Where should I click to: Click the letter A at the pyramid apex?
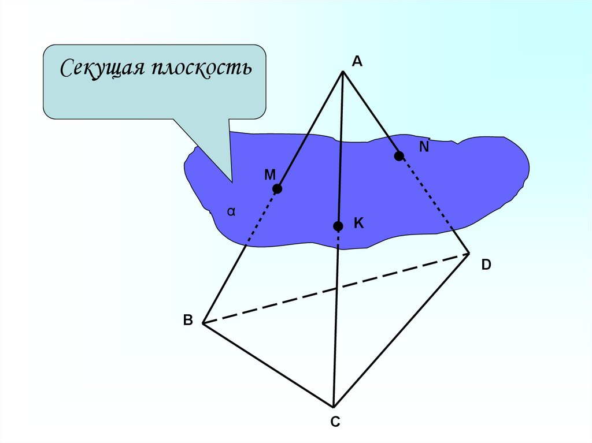pos(357,62)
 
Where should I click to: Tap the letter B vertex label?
pos(188,322)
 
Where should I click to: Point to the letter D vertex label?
pos(486,265)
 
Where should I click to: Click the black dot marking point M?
pos(277,189)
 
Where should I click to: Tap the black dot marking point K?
pos(338,226)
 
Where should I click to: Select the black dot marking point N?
pos(399,156)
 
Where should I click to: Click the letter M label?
pos(270,174)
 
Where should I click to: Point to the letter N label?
pos(424,147)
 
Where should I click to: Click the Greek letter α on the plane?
pos(231,212)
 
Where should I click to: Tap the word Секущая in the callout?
pos(99,70)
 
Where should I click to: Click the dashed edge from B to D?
pos(335,288)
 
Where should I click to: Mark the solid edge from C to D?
pos(401,329)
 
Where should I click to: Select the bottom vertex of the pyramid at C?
pos(334,406)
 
